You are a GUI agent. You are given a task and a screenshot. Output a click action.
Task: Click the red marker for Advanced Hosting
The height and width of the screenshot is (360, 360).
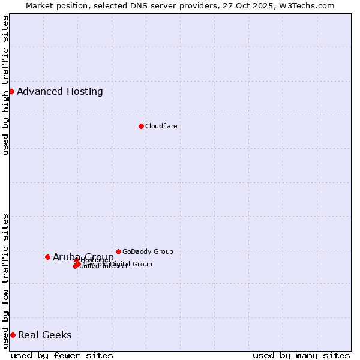click(11, 91)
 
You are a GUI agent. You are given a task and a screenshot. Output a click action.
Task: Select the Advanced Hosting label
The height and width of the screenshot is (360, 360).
click(60, 92)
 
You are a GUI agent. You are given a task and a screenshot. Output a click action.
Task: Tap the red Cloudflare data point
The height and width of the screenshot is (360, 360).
click(141, 126)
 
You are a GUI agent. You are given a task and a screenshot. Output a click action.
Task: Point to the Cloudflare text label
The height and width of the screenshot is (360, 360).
click(161, 126)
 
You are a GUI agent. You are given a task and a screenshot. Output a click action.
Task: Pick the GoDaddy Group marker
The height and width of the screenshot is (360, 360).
click(118, 251)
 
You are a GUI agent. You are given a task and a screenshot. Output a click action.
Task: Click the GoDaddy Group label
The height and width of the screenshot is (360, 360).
click(148, 251)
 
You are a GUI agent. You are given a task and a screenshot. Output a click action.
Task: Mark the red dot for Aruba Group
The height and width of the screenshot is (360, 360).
click(47, 257)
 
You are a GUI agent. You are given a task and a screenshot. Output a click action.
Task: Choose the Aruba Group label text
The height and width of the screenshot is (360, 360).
click(83, 257)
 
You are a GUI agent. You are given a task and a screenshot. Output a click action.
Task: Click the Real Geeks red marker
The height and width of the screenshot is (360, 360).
click(13, 335)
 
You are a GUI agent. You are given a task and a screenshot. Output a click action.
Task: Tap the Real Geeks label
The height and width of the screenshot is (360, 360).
click(44, 335)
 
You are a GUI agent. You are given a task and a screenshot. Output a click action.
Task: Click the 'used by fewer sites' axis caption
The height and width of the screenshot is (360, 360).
click(62, 355)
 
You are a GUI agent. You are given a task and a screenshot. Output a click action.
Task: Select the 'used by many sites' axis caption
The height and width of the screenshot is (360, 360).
click(301, 355)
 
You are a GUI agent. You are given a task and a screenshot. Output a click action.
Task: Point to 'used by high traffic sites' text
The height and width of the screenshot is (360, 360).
click(6, 86)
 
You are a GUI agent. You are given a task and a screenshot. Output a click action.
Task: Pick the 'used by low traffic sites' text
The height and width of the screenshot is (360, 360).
click(6, 280)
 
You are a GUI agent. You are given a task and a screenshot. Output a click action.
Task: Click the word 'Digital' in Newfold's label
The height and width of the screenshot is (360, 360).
click(120, 264)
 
